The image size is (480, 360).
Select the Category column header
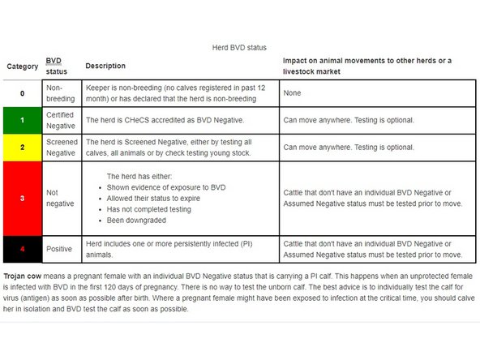pyautogui.click(x=23, y=66)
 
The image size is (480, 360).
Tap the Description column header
pyautogui.click(x=105, y=66)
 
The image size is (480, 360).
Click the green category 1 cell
pyautogui.click(x=24, y=120)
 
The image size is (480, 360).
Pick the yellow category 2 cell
pyautogui.click(x=24, y=148)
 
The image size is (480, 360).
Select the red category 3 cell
pyautogui.click(x=24, y=198)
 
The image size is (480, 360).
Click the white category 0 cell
pyautogui.click(x=24, y=92)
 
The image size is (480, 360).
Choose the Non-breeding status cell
pyautogui.click(x=61, y=92)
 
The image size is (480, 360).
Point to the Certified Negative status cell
pyautogui.click(x=61, y=120)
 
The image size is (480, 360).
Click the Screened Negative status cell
pyautogui.click(x=61, y=148)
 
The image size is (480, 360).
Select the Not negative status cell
pyautogui.click(x=61, y=199)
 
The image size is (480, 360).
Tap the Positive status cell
pyautogui.click(x=61, y=248)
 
